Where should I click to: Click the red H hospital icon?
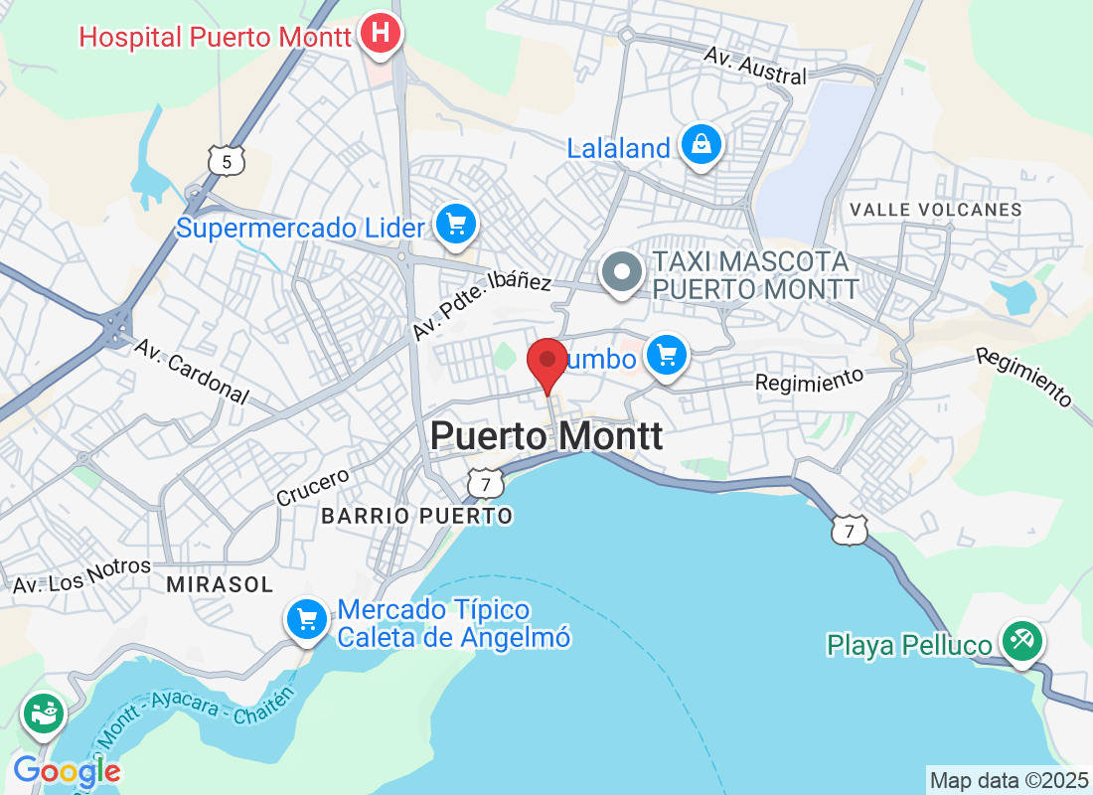[x=380, y=33]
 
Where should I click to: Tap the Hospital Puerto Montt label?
[x=216, y=38]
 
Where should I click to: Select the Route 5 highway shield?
[x=227, y=160]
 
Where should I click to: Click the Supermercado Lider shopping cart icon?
[x=456, y=224]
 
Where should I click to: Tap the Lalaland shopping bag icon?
[x=702, y=144]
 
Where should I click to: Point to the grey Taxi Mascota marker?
[x=624, y=272]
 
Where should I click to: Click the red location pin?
[x=546, y=360]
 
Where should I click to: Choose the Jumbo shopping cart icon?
[x=666, y=354]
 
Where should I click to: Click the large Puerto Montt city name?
[x=546, y=436]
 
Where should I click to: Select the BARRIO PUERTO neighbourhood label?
[x=417, y=516]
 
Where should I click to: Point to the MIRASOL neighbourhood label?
[x=220, y=585]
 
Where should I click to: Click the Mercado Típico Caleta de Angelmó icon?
[x=307, y=620]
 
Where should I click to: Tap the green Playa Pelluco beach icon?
[x=1020, y=641]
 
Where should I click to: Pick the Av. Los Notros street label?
[x=81, y=577]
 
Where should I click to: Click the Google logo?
[x=67, y=770]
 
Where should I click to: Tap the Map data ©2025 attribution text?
[x=1008, y=779]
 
